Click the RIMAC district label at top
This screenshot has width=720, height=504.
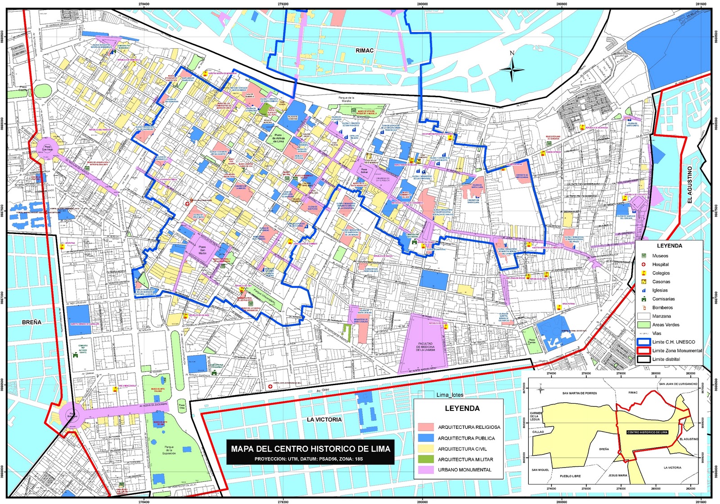[364, 50]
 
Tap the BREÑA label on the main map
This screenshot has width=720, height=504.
[31, 322]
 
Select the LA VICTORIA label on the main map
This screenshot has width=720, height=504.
[324, 419]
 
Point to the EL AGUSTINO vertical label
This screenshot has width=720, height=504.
[690, 184]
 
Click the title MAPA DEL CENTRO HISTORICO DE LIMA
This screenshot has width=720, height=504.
[310, 449]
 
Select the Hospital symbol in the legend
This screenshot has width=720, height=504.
[643, 264]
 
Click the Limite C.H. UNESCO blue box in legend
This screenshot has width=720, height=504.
[643, 342]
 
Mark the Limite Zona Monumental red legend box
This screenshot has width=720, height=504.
[643, 351]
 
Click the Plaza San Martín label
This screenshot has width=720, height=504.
[202, 250]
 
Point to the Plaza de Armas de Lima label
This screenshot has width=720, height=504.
[279, 138]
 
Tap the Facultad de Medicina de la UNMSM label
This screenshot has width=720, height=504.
[425, 346]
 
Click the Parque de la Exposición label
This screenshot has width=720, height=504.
[169, 450]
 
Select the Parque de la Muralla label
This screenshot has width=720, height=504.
[346, 99]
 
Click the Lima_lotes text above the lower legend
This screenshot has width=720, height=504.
[450, 395]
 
